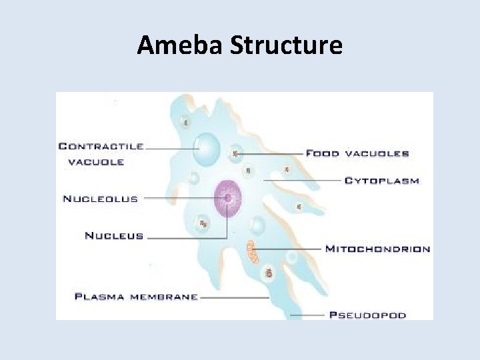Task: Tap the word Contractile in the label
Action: click(x=101, y=146)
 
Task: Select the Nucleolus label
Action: click(x=100, y=198)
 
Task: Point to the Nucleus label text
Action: click(x=114, y=235)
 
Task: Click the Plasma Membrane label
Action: click(x=136, y=296)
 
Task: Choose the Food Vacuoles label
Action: click(x=357, y=153)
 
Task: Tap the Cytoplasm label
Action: click(x=381, y=181)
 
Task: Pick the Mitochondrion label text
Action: click(x=377, y=249)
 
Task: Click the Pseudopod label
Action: click(x=367, y=315)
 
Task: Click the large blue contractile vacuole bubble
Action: click(x=207, y=147)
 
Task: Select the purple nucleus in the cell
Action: click(x=228, y=199)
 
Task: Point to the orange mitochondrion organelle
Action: click(x=253, y=251)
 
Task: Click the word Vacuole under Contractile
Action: click(x=95, y=162)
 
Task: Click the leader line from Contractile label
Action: click(x=170, y=147)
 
